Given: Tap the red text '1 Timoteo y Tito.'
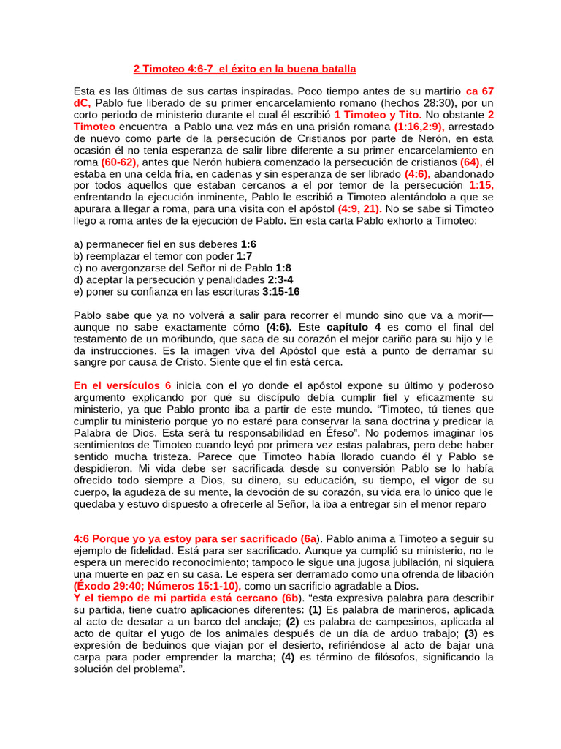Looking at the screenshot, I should coord(378,115).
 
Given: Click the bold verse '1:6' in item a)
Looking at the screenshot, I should coord(248,244).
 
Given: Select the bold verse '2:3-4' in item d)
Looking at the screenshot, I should coord(280,279).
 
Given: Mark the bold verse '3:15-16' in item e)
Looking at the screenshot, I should coord(280,291).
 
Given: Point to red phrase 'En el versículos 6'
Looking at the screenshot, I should coord(122,385).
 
